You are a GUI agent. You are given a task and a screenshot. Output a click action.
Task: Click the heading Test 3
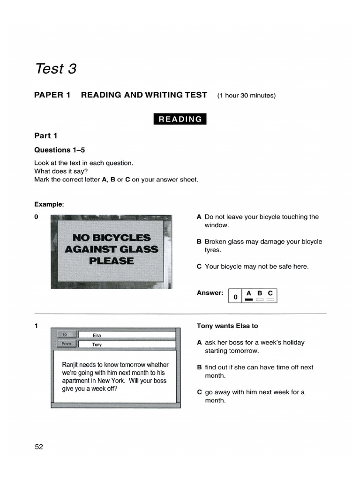coord(55,69)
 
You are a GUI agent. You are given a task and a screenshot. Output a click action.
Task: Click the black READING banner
coord(180,119)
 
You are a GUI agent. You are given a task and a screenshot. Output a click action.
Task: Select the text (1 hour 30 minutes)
coord(246,96)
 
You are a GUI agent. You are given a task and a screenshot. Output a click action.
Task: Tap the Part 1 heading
coord(46,136)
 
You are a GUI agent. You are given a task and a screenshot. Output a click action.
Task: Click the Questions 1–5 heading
coord(60,150)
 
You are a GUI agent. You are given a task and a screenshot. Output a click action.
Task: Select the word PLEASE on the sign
coord(112,261)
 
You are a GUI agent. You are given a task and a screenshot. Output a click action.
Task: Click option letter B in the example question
coord(199,242)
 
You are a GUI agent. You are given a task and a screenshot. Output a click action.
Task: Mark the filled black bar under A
coord(249,300)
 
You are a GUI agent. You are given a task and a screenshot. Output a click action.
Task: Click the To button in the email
coord(65,335)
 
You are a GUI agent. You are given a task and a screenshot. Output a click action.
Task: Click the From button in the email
coord(66,344)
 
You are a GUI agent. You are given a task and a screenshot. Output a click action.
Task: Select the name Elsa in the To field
coord(97,336)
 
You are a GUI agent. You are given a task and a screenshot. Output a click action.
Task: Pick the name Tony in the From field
coord(97,345)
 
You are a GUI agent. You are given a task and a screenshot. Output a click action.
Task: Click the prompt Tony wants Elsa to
coord(227,326)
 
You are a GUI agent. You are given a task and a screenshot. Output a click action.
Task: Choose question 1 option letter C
coord(199,392)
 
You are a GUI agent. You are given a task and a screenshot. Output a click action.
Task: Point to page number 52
coord(39,447)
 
